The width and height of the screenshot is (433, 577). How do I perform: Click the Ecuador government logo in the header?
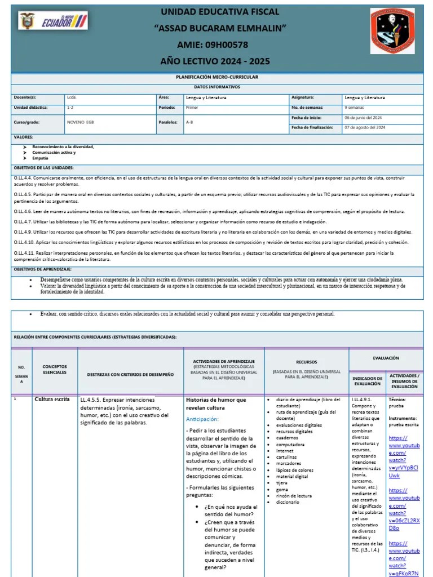point(53,22)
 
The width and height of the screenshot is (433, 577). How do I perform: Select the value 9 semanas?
point(354,107)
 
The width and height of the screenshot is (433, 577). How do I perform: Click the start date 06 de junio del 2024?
point(364,118)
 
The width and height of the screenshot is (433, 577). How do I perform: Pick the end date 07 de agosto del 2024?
point(365,128)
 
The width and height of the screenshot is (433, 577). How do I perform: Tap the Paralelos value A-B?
point(189,122)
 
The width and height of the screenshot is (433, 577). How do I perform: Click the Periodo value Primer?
point(192,107)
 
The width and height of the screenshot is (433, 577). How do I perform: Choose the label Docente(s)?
point(25,97)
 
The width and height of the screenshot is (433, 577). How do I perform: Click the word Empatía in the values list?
point(41,158)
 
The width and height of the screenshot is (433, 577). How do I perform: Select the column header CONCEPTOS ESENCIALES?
point(55,370)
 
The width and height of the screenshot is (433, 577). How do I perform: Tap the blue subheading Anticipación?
point(202,419)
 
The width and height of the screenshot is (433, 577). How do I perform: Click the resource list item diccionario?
point(288,502)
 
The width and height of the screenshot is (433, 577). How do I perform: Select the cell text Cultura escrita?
point(52,400)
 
